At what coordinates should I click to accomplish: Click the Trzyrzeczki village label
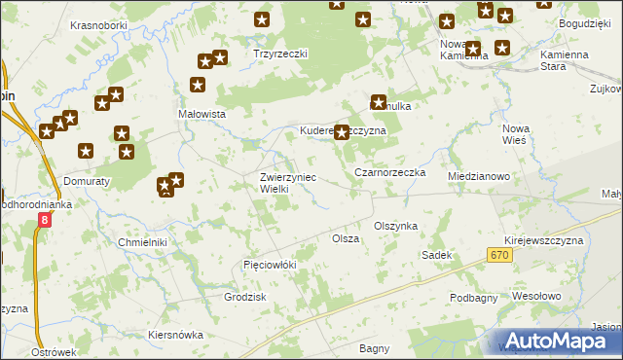tap(280, 54)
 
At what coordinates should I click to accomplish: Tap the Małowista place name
tap(202, 114)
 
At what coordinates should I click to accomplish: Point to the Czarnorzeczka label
tap(390, 172)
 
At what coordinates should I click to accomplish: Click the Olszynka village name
tap(395, 226)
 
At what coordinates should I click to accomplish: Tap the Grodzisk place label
tap(245, 297)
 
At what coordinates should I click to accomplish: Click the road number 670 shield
tap(499, 255)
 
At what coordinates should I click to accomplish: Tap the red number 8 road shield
tap(44, 222)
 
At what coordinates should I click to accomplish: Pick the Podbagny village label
tap(474, 297)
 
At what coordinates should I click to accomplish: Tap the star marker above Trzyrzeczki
tap(261, 18)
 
